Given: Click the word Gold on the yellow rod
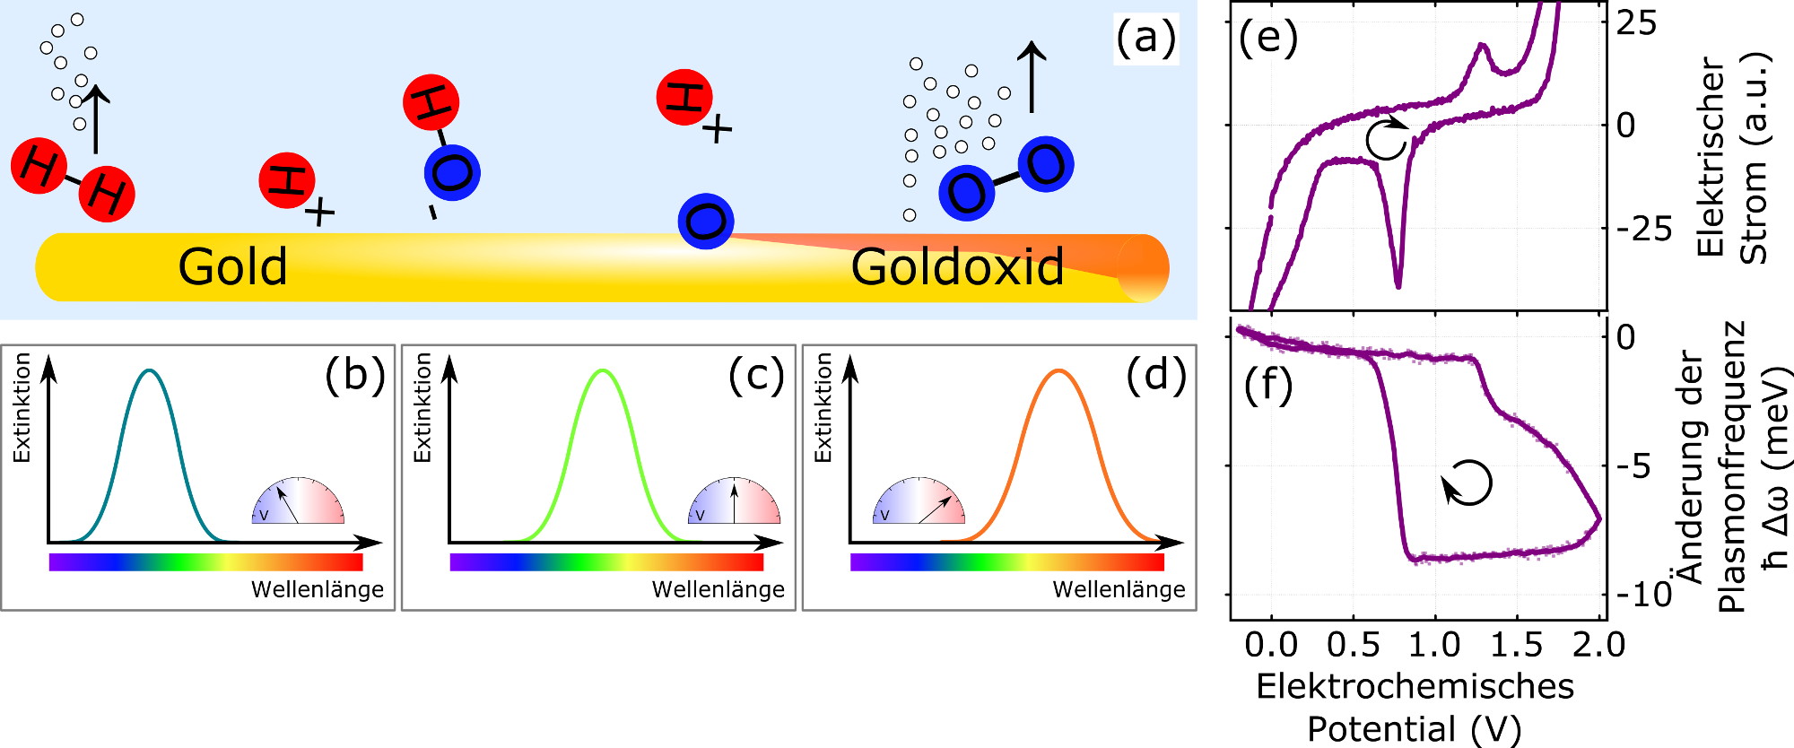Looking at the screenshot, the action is (x=232, y=266).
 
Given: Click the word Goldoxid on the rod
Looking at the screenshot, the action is (x=957, y=266).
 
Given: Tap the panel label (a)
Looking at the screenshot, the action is (x=1145, y=39).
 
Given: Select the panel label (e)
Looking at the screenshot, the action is (x=1268, y=38).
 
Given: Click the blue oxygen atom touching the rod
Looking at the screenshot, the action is (x=706, y=221).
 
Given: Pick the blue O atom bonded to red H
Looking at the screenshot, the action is (x=452, y=172).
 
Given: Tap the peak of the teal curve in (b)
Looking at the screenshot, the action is (x=150, y=370).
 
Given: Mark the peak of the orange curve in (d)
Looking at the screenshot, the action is (x=1059, y=370).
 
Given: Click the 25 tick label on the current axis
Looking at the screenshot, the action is (x=1637, y=22).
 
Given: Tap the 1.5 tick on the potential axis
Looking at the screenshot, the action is (x=1517, y=645).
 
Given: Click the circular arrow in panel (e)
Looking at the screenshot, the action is (x=1388, y=138).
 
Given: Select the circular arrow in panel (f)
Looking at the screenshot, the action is (x=1467, y=483).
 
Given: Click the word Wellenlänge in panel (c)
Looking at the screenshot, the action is (x=718, y=589).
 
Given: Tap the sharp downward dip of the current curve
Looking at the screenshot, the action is (x=1398, y=284).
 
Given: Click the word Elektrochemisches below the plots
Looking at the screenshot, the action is (x=1415, y=686).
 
